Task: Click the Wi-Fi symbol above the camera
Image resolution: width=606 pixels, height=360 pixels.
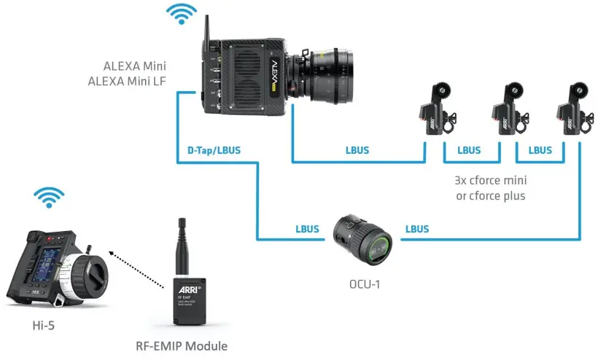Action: (x=182, y=14)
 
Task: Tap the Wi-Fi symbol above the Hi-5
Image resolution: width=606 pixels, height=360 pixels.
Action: (x=50, y=197)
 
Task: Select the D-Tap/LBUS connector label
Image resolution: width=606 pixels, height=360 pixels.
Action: (x=209, y=152)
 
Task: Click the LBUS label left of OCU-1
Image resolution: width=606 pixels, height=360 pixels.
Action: (x=308, y=228)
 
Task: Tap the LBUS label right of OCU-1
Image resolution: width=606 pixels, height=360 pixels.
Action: (x=417, y=228)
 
